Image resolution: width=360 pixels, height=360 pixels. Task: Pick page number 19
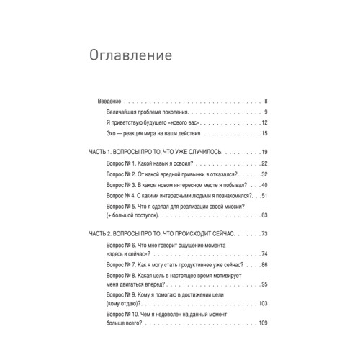tap(264, 153)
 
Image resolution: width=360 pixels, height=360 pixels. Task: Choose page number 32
tap(264, 174)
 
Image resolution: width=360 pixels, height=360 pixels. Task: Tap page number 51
tap(264, 196)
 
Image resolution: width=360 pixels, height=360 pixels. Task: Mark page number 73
tap(264, 234)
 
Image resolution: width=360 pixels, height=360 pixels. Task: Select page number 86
tap(264, 265)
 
